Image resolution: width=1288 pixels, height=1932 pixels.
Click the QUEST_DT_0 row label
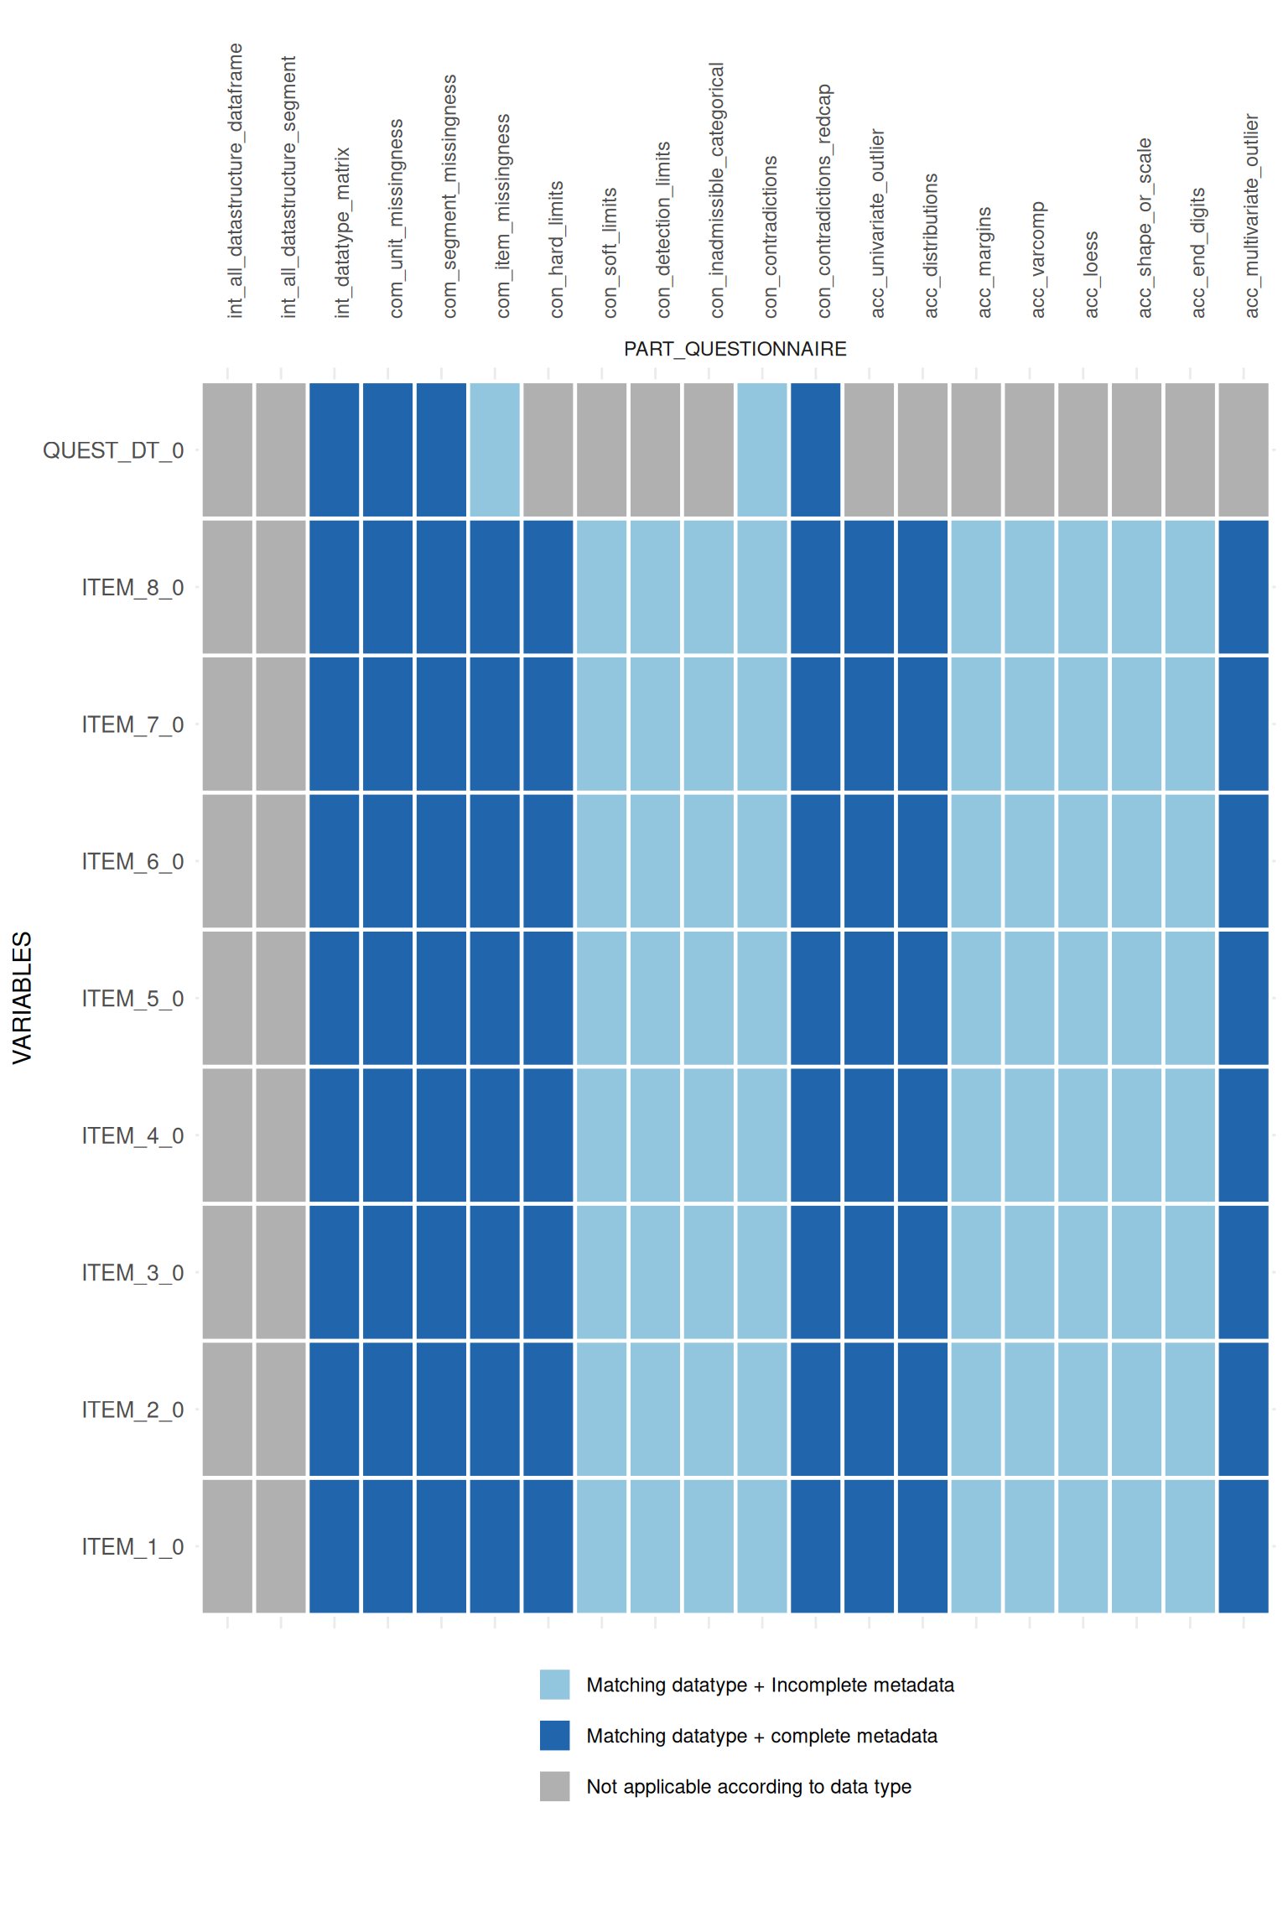113,450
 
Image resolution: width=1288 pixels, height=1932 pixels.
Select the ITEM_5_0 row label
132,999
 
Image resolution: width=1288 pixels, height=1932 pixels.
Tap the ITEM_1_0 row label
132,1546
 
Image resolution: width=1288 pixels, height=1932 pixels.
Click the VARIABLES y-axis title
23,998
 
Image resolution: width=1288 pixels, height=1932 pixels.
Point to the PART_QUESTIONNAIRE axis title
735,349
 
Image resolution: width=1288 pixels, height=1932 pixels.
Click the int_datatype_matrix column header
342,232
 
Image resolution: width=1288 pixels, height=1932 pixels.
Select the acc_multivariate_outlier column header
1252,216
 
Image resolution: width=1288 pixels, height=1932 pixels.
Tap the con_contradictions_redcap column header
824,200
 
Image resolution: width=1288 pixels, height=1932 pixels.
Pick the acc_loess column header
1091,274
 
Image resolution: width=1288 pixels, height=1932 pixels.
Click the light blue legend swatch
554,1685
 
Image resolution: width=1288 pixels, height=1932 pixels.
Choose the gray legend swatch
554,1786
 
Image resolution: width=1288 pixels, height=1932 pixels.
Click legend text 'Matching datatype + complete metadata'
761,1736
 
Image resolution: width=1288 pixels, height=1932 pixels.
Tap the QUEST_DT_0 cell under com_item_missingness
495,450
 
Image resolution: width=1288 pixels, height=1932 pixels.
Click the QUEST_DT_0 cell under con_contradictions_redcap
816,450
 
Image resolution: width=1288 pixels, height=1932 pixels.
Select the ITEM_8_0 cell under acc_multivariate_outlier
1244,587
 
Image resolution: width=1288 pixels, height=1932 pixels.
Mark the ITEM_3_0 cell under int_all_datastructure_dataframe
227,1272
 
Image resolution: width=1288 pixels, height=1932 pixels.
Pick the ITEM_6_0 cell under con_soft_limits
601,861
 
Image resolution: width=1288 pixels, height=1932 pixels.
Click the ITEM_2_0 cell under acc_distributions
922,1410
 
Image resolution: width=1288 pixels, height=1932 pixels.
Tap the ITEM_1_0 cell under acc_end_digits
1190,1546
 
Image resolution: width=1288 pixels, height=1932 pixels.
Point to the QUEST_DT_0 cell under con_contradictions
762,450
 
